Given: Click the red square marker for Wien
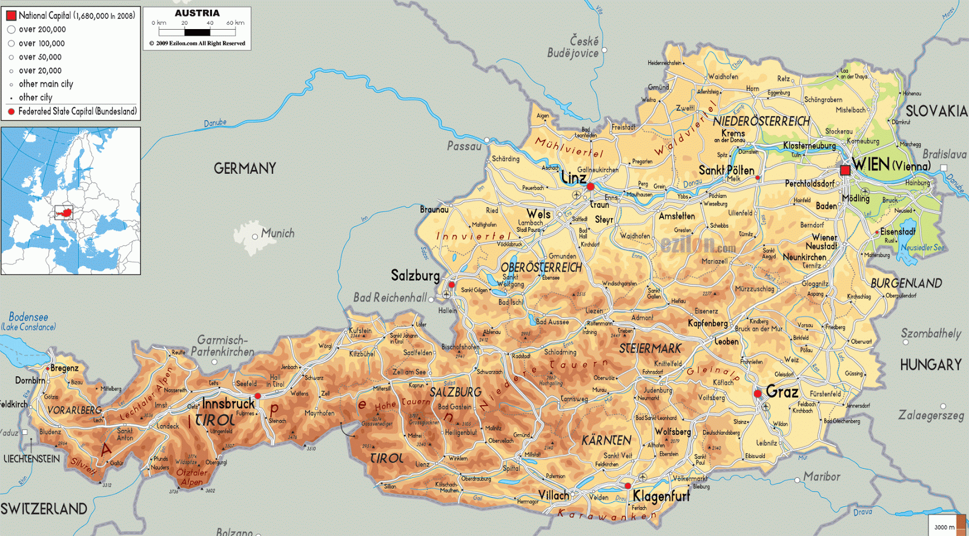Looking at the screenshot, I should pos(845,170).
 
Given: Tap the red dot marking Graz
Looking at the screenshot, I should pos(758,394).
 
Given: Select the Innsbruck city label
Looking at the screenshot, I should pos(228,403).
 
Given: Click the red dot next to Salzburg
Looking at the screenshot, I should pos(451,284).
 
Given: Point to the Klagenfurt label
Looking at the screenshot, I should pos(661,497).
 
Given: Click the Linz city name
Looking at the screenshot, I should pos(574,177).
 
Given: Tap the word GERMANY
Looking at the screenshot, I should pos(245,168).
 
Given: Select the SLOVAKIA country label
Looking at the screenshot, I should pos(936,111).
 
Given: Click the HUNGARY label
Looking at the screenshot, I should pos(931,365).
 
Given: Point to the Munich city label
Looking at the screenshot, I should pos(277,233).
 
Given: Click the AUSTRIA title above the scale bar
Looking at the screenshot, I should pos(197,13).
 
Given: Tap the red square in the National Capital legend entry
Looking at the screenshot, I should pos(11,16).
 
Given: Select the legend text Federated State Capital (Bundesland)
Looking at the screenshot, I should pos(78,111).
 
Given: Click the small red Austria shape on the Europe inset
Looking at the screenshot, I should pos(64,213).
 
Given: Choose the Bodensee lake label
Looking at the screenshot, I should pos(28,317).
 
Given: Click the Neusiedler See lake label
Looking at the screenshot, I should pos(922,248).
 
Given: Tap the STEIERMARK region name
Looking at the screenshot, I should pos(650,349).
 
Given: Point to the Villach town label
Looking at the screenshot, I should pos(554,495).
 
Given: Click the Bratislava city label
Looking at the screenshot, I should pos(944,154).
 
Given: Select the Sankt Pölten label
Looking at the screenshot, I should pos(726,170).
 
